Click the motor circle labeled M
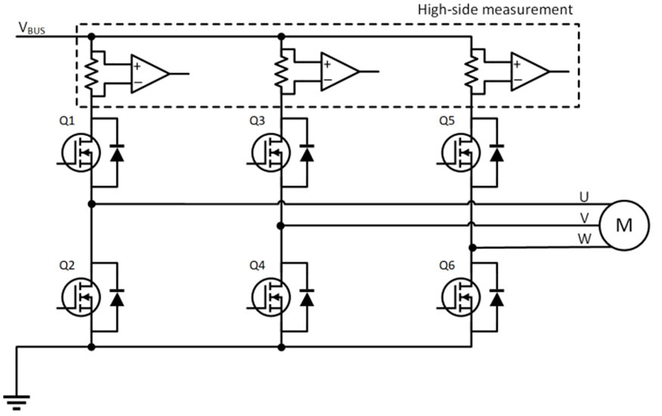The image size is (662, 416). point(624,225)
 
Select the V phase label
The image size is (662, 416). point(584,218)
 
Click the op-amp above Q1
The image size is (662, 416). point(148,73)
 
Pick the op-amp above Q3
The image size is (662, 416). point(338,72)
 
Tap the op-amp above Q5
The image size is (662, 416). point(528,72)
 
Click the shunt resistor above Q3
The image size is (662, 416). point(281,73)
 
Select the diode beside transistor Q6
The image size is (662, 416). point(497,300)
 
